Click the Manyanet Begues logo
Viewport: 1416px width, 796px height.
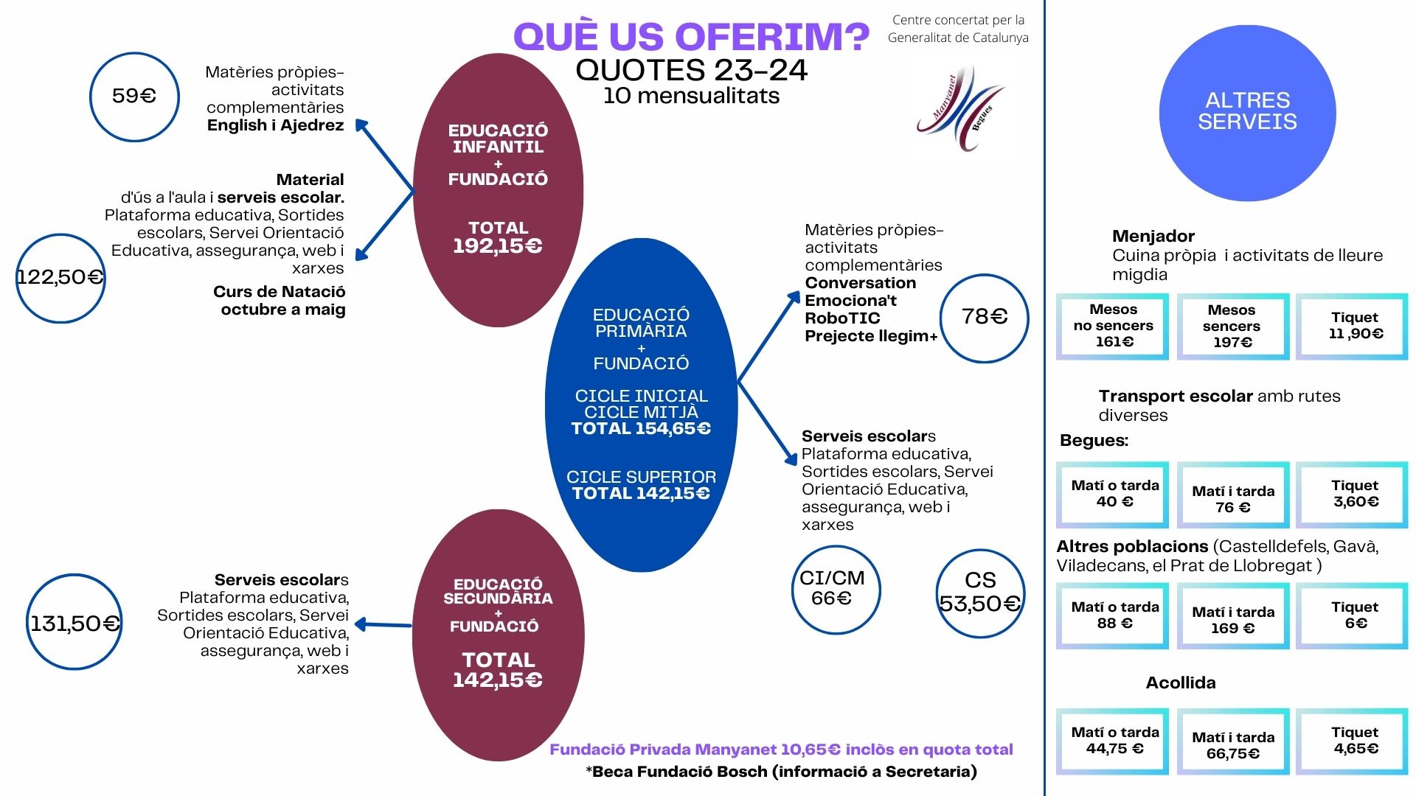click(x=961, y=108)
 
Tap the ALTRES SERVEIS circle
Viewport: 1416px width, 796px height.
click(x=1247, y=113)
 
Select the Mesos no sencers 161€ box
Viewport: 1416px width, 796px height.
click(x=1113, y=327)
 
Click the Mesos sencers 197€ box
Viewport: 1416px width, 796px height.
click(x=1233, y=327)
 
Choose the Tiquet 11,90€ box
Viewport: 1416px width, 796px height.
click(x=1352, y=327)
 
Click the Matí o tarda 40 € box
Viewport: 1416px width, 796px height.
click(x=1113, y=495)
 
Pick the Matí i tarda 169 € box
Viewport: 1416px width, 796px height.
click(x=1233, y=616)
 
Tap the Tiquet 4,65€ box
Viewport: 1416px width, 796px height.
click(x=1352, y=741)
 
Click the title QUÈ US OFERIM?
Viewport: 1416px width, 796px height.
click(x=691, y=36)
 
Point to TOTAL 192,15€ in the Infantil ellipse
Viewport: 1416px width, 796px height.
click(x=498, y=237)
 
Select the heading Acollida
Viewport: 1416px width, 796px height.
click(x=1181, y=682)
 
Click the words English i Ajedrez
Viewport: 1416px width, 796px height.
click(x=275, y=125)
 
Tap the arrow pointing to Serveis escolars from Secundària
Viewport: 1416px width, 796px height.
click(x=383, y=625)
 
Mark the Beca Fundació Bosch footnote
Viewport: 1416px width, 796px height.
click(x=782, y=772)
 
